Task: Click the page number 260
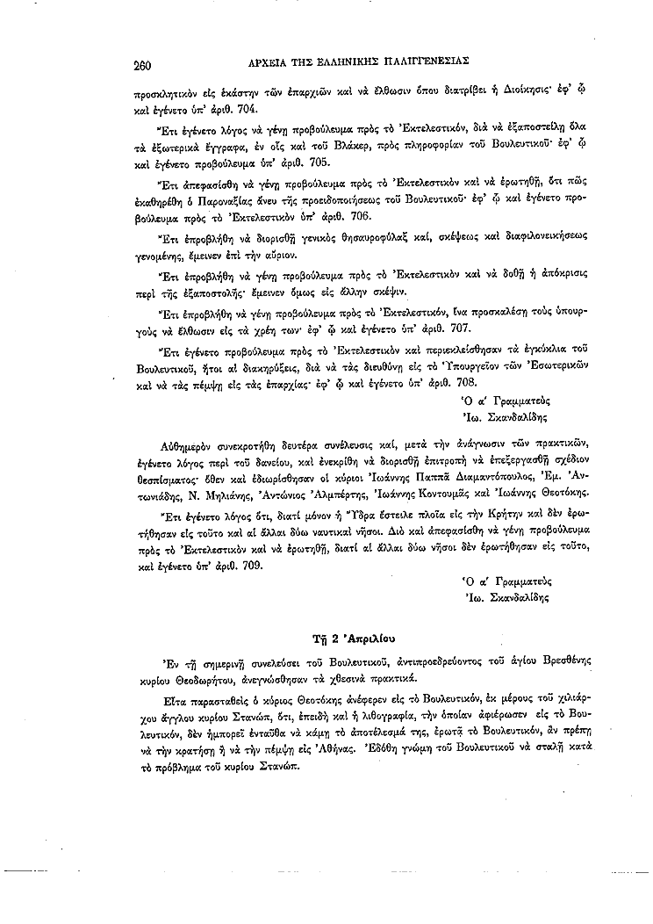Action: [144, 62]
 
